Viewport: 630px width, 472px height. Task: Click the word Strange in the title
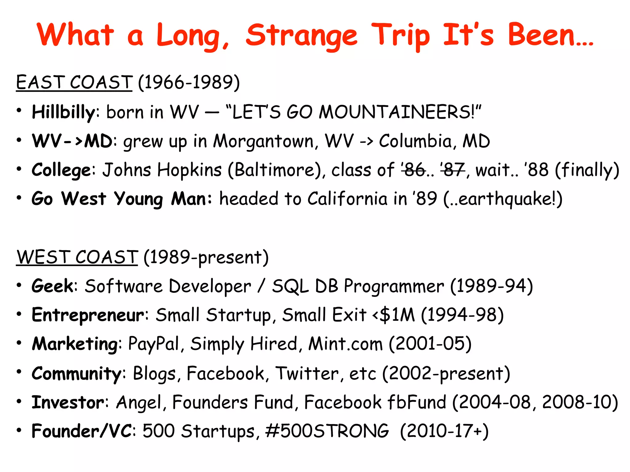301,36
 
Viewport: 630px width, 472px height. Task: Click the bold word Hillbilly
63,112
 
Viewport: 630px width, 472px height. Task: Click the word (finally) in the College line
587,170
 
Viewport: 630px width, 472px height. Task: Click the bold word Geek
52,286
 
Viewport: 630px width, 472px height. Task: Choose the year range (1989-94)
491,286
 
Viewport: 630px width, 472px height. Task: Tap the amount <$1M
393,315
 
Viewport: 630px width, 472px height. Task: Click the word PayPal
154,344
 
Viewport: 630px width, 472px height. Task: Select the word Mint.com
345,344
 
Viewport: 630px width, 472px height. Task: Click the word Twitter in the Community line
307,373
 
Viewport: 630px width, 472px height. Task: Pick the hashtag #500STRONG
327,431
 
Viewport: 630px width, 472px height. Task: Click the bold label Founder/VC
82,431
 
